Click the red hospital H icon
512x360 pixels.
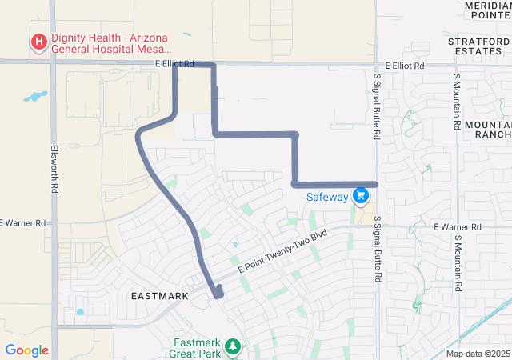38,42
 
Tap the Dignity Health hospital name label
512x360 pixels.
111,42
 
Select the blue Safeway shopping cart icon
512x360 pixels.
361,196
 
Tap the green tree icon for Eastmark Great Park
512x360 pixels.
232,346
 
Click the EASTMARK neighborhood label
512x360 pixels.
159,296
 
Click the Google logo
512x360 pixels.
26,350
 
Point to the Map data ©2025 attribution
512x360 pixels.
477,354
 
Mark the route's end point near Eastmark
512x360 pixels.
218,294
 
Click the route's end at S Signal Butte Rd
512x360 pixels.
374,184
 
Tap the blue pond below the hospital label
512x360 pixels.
35,97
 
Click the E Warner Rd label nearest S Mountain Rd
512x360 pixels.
457,227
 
